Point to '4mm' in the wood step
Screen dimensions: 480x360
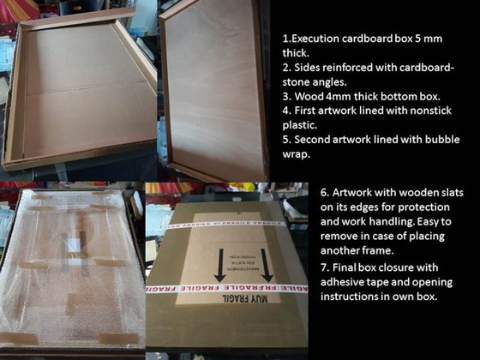[339, 96]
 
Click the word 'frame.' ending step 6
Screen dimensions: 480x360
[378, 250]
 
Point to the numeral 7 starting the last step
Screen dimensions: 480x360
[324, 267]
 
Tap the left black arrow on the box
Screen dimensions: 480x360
[219, 266]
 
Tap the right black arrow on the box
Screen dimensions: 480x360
[267, 266]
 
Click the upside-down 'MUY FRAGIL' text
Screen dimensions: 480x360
[245, 298]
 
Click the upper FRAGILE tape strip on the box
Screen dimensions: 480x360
[226, 225]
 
